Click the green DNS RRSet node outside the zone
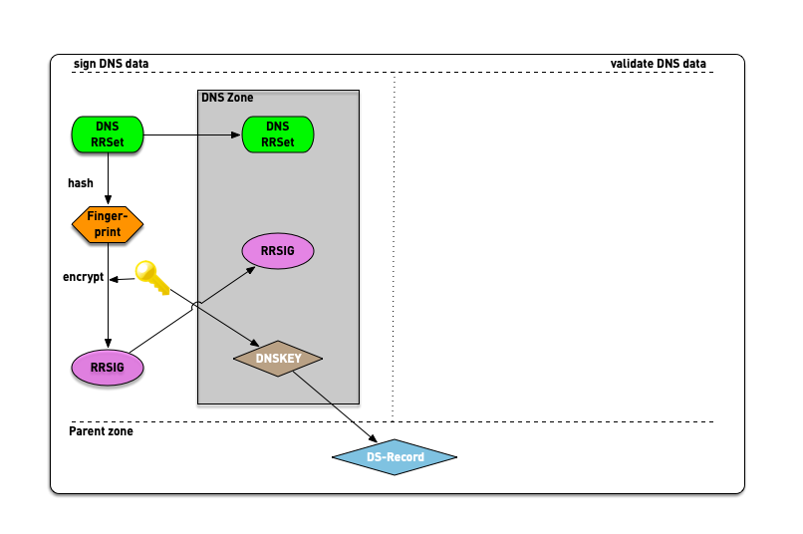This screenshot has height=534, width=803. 108,133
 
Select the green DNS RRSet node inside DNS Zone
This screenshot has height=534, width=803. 278,133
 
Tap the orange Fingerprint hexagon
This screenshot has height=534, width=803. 108,224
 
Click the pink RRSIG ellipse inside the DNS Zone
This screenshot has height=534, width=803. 278,251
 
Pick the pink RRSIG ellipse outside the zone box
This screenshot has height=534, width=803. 108,368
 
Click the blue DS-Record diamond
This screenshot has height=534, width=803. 395,457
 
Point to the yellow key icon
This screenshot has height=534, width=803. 152,276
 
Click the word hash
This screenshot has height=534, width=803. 81,183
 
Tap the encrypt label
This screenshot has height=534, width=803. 83,277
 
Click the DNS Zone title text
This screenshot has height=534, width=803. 227,98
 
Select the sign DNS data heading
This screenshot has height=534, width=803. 111,64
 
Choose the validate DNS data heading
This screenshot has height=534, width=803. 658,64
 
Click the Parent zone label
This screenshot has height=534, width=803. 101,431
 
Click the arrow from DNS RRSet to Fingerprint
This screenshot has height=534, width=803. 108,178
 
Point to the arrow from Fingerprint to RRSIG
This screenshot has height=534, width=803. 108,309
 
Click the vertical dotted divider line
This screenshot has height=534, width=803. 395,249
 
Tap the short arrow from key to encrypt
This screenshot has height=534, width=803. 124,280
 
